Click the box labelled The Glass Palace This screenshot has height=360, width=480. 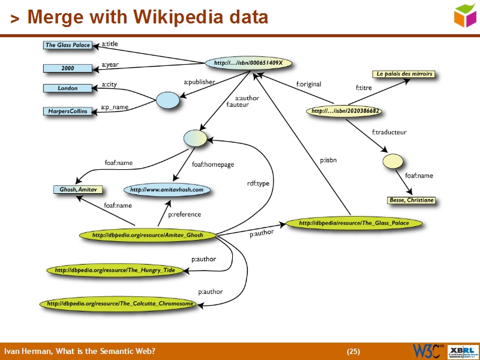pos(67,45)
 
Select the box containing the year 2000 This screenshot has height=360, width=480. pos(67,68)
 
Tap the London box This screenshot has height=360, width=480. pos(67,88)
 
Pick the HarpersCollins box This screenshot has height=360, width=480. pos(67,111)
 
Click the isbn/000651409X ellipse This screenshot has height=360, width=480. pos(248,63)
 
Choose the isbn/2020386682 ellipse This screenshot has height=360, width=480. pos(346,111)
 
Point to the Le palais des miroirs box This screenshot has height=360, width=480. pos(404,74)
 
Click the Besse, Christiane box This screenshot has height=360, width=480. pos(411,200)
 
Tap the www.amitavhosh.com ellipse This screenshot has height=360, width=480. pos(166,190)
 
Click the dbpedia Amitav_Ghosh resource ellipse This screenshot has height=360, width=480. pos(148,235)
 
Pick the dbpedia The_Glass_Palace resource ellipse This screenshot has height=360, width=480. pos(353,223)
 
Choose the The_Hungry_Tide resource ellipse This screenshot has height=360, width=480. pos(115,271)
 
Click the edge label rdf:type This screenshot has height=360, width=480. pos(258,184)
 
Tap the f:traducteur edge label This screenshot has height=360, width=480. pos(389,132)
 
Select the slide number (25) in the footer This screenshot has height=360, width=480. pos(353,351)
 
